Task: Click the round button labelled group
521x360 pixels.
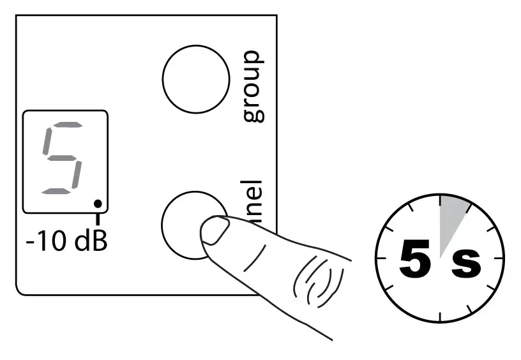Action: pyautogui.click(x=196, y=79)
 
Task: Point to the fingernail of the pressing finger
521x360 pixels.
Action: pyautogui.click(x=215, y=230)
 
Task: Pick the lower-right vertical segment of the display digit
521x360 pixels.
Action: pyautogui.click(x=76, y=174)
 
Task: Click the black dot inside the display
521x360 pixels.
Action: pyautogui.click(x=97, y=204)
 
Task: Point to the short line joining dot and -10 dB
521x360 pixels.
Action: pyautogui.click(x=97, y=218)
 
